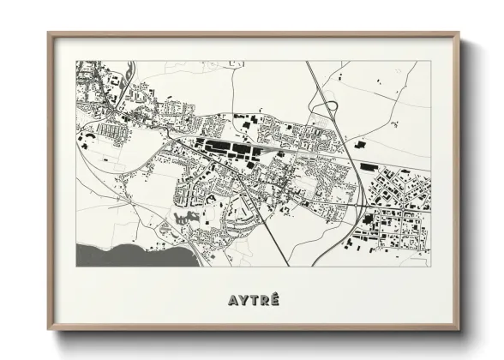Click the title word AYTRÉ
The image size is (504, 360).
253,301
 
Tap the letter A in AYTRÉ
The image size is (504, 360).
232,301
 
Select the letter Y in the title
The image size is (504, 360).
243,301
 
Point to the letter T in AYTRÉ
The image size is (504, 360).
253,301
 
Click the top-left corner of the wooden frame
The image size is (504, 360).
49,33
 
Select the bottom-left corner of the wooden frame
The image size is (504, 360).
49,329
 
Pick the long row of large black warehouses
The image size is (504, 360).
227,151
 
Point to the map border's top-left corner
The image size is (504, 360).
76,61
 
